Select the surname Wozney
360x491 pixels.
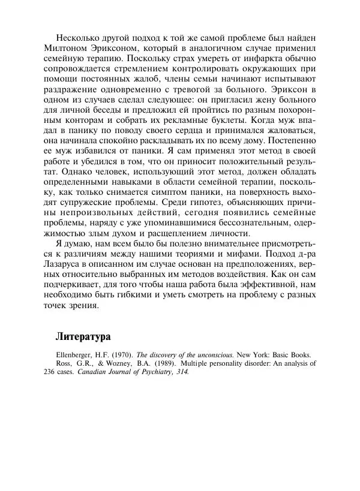pos(122,363)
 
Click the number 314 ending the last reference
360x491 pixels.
pos(180,372)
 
